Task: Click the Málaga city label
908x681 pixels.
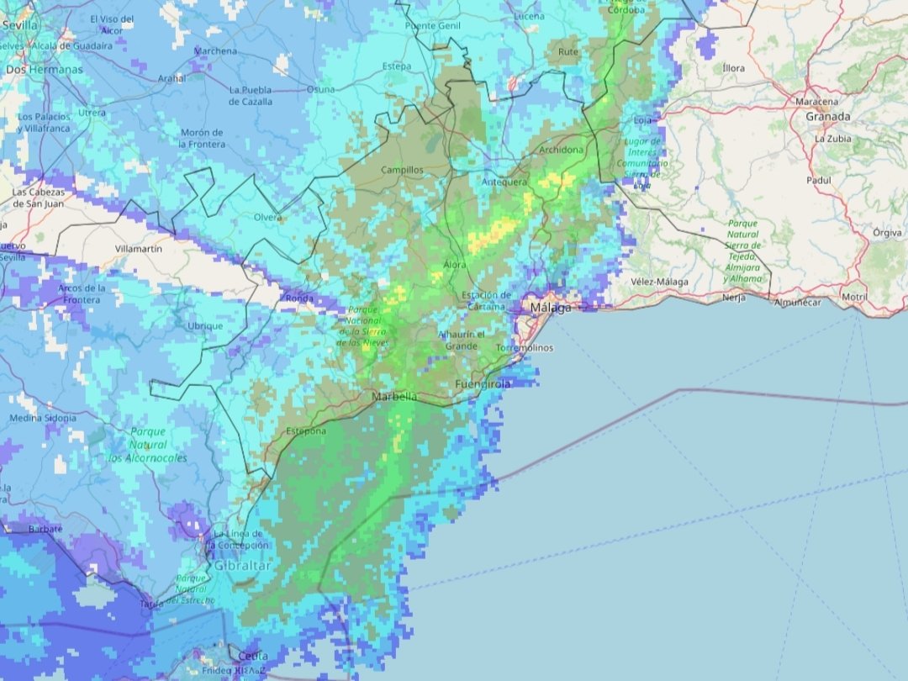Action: (550, 309)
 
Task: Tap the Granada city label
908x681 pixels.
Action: (827, 117)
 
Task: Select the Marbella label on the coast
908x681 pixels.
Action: (394, 397)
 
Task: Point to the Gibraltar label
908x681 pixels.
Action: (242, 566)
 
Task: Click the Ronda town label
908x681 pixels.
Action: (299, 298)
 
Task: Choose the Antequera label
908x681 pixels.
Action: (504, 182)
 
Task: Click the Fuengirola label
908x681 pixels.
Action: (483, 384)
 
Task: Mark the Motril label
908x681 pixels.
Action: (854, 298)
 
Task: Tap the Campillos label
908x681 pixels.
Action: (403, 170)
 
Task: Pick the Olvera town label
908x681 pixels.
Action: (267, 218)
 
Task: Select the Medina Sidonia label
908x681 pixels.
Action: (42, 418)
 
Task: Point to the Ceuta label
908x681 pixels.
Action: (253, 656)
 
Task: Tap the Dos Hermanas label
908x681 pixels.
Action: (44, 70)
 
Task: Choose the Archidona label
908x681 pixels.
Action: (561, 150)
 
